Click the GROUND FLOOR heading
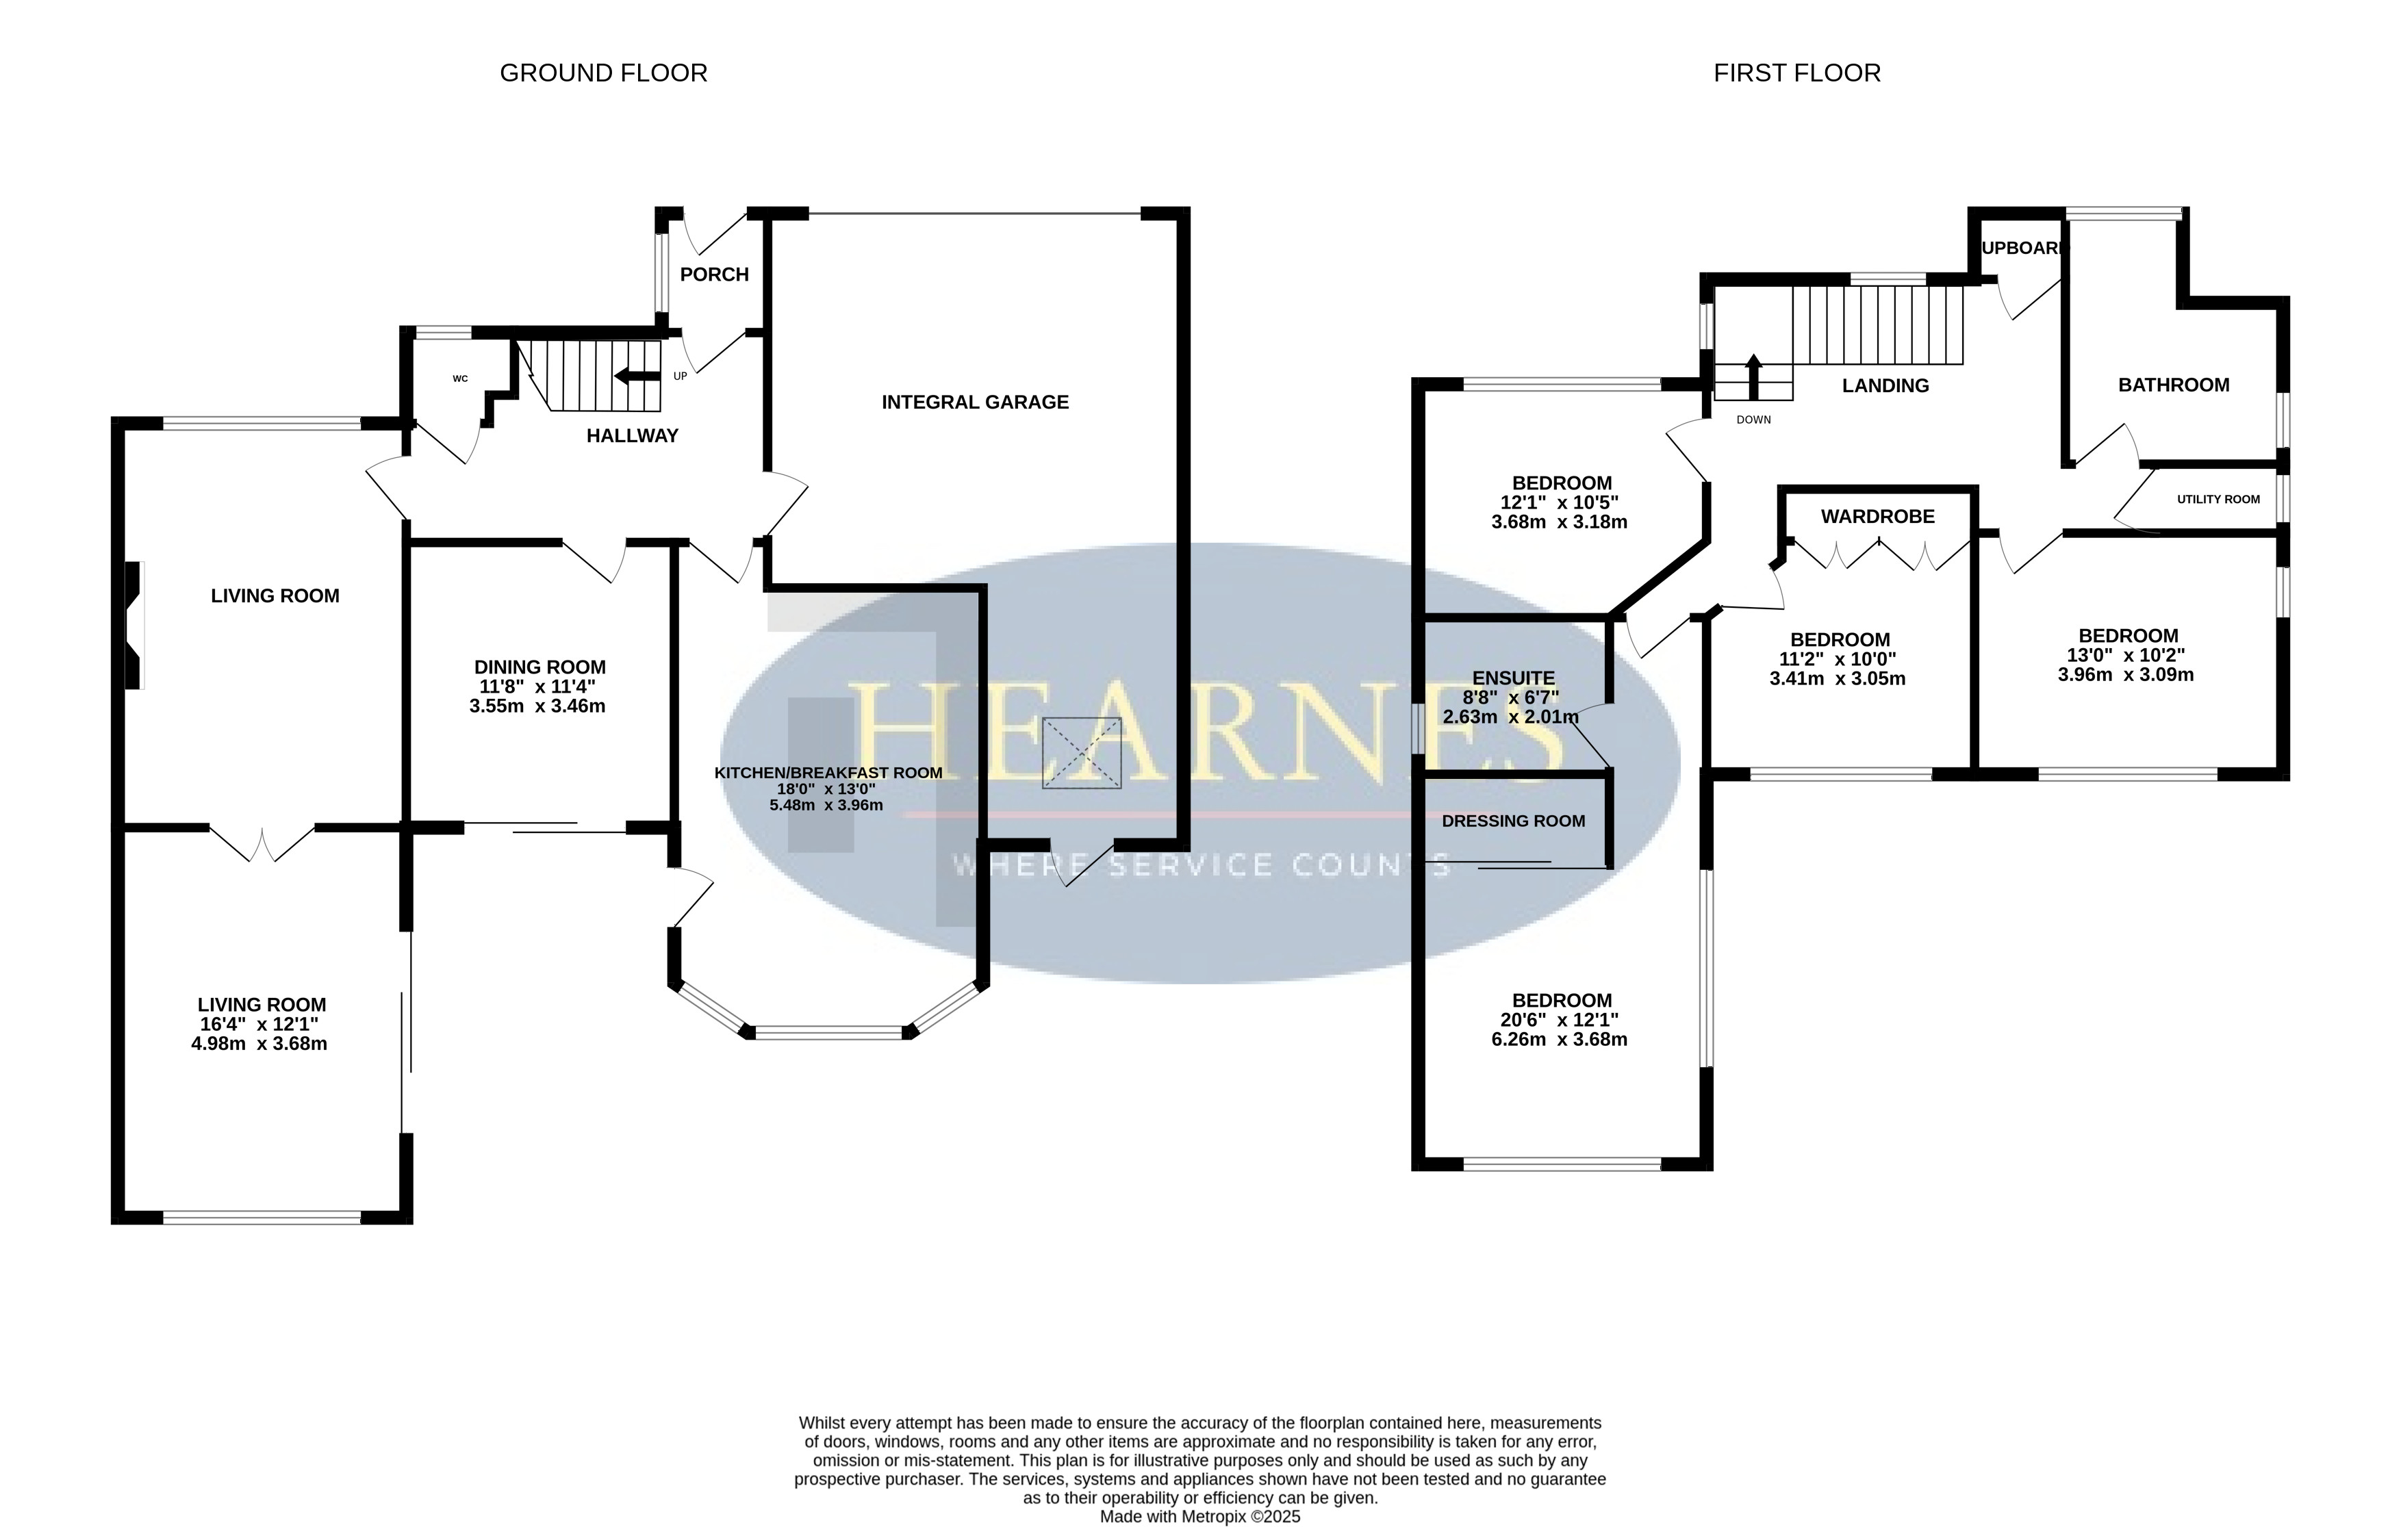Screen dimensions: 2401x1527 point(603,73)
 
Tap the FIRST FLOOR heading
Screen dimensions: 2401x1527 point(1796,73)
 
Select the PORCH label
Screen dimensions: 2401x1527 point(714,274)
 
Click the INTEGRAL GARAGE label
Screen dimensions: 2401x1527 point(975,402)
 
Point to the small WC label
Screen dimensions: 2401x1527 point(459,378)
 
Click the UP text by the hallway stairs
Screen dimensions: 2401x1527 point(680,376)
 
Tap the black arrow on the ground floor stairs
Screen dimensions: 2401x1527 point(637,376)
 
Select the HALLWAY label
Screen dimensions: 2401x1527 point(632,435)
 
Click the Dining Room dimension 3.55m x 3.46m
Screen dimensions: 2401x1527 point(537,706)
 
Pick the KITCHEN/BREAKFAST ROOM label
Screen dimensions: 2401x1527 point(828,773)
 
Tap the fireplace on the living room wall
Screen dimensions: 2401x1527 point(134,625)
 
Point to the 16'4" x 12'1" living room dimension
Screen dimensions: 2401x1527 point(259,1025)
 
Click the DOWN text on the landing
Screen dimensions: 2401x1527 point(1754,420)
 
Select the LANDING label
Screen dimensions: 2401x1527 point(1885,386)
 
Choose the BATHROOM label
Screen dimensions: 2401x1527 point(2174,385)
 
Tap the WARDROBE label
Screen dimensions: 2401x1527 point(1877,516)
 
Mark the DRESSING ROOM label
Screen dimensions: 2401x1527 point(1514,821)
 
